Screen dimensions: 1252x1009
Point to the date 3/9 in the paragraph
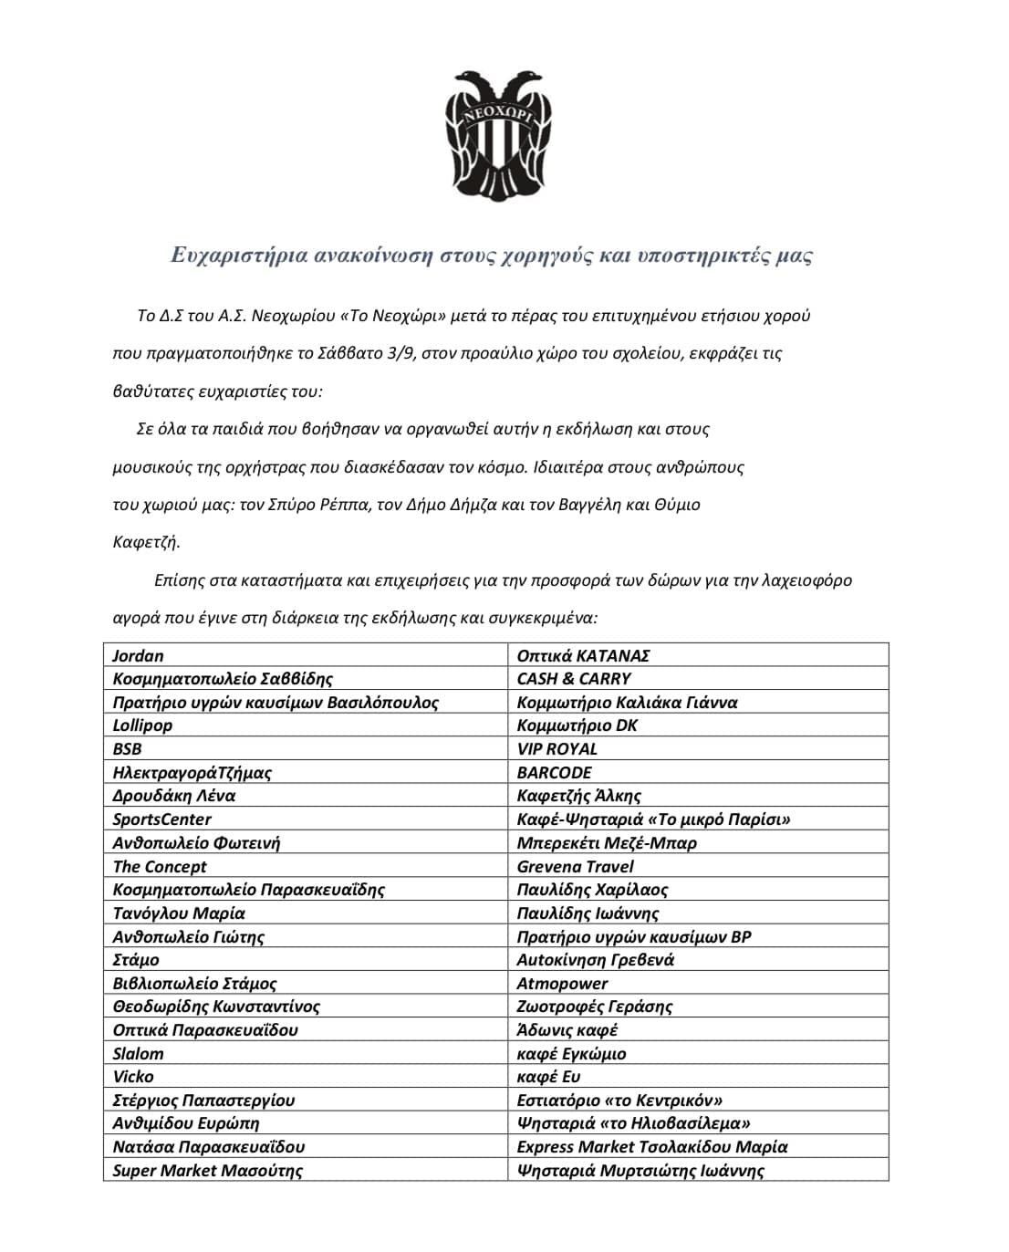coord(399,354)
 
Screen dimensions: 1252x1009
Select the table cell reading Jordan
coord(139,655)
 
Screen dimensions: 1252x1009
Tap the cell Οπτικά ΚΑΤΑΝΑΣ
coord(583,655)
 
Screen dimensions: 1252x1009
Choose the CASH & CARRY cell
coord(574,679)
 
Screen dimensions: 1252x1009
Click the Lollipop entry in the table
coord(142,725)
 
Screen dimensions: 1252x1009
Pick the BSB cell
coord(128,749)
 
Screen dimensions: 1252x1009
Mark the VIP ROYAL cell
coord(557,749)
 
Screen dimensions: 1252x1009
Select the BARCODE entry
coord(554,772)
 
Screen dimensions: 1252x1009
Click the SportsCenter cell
coord(161,819)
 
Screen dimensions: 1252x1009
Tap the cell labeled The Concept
coord(160,866)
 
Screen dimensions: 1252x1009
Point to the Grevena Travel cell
coord(575,866)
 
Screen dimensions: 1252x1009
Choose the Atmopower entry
coord(562,983)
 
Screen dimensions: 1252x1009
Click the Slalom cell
coord(139,1053)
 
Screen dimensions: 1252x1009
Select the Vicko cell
coord(133,1077)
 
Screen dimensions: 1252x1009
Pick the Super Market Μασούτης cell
coord(208,1170)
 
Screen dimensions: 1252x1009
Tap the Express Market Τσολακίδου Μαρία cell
coord(652,1147)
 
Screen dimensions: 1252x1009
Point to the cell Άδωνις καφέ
coord(567,1030)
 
